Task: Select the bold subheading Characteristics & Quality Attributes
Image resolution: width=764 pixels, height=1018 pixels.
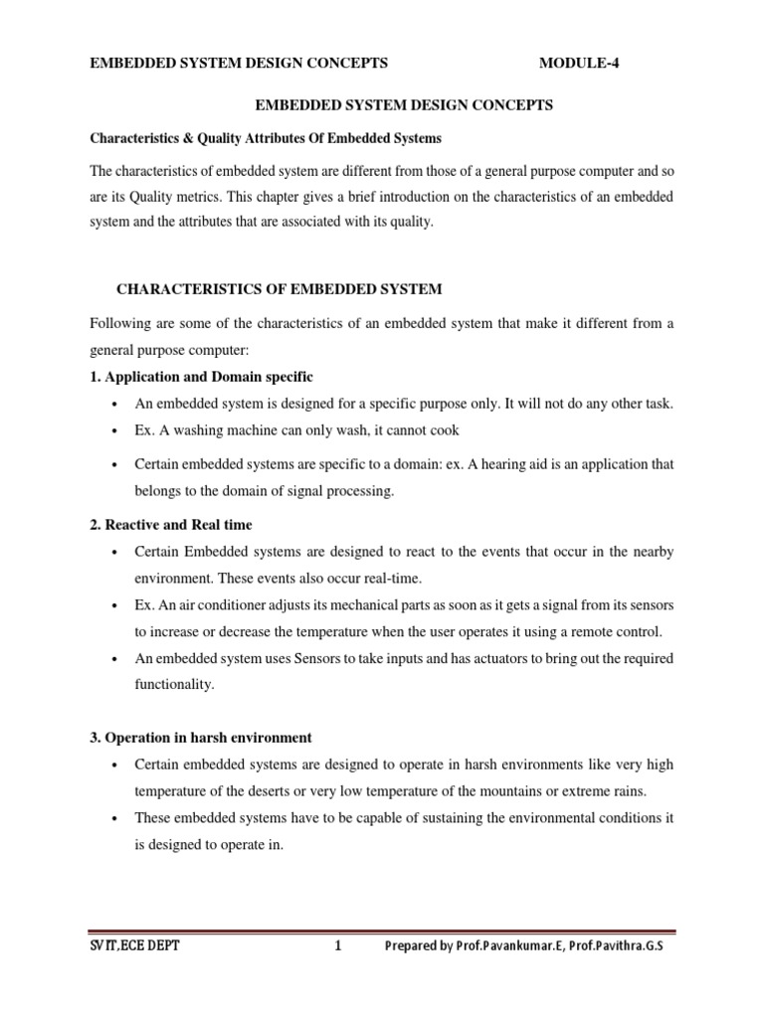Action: [x=266, y=137]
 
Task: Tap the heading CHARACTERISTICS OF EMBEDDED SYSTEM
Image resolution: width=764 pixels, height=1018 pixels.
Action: [x=280, y=289]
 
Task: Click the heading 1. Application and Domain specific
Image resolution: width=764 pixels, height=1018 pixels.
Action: [x=202, y=377]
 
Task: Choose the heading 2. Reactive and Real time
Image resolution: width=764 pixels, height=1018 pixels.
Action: [x=171, y=525]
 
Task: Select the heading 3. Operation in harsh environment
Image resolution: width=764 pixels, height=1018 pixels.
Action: [x=201, y=738]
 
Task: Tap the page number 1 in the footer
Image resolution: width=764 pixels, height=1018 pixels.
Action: [x=338, y=946]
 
